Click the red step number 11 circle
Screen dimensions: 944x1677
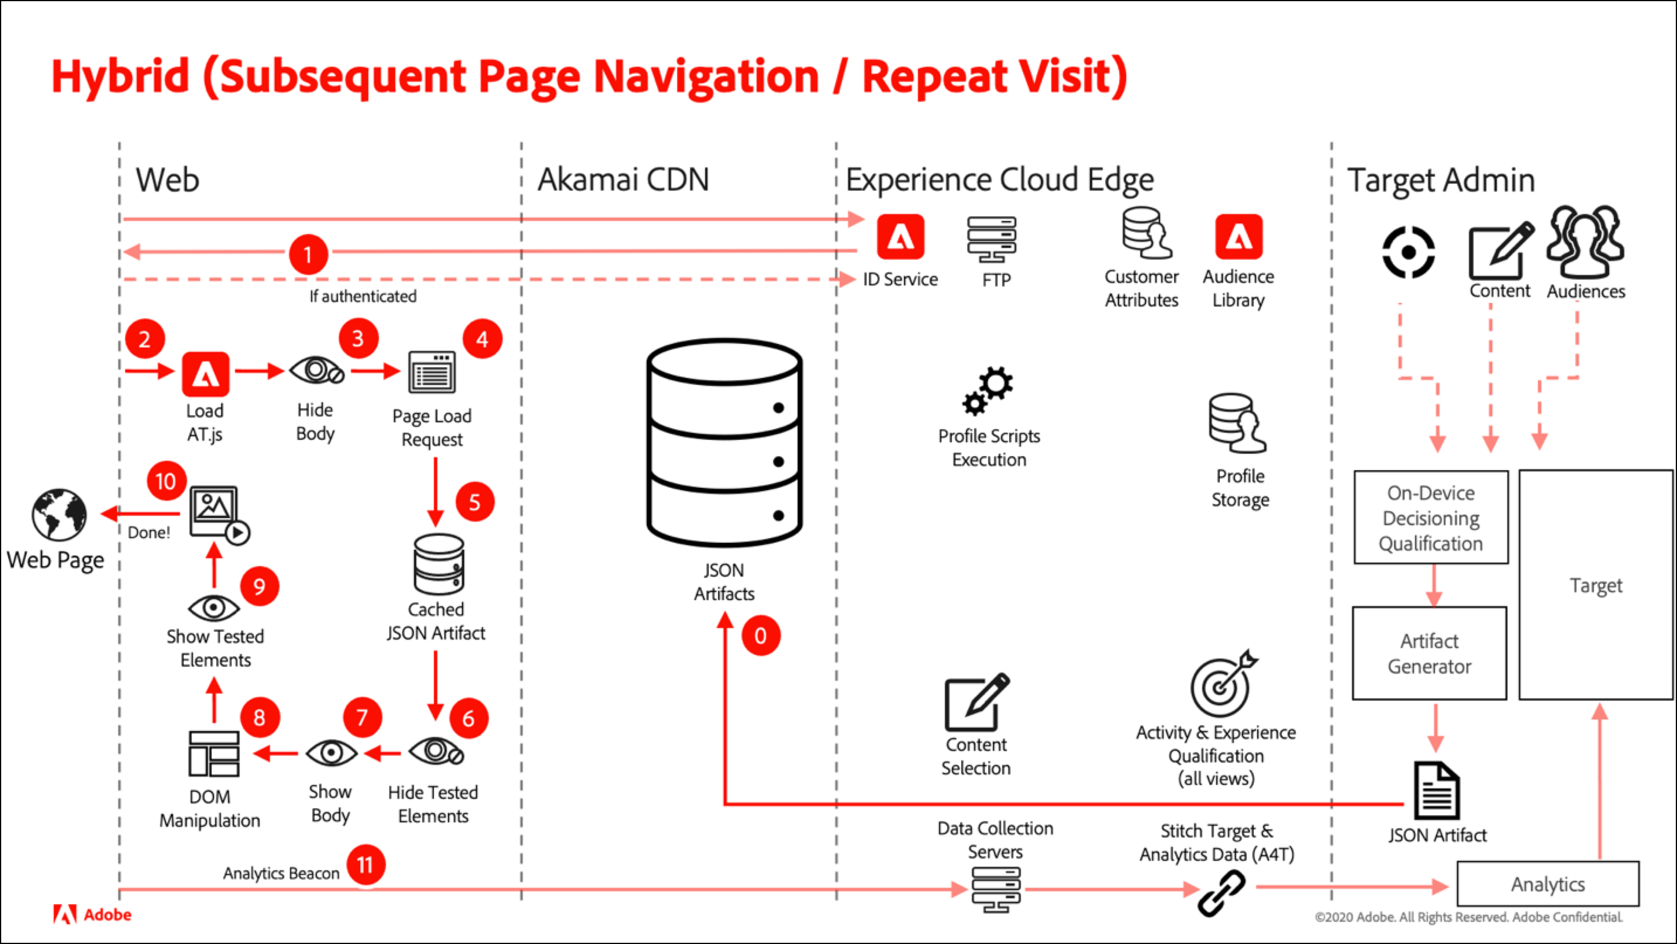(x=365, y=864)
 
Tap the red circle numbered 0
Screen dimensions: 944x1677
(x=761, y=636)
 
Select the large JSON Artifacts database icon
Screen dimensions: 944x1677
(x=725, y=442)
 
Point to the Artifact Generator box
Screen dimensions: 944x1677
(x=1429, y=654)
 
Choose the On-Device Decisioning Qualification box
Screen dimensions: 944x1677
(x=1431, y=517)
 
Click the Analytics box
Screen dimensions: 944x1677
(x=1548, y=884)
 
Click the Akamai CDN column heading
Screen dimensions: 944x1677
(x=623, y=180)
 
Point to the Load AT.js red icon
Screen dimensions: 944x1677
(x=205, y=374)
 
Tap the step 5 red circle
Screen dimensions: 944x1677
(x=474, y=502)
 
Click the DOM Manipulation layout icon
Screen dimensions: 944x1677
(x=214, y=754)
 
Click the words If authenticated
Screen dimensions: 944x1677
(x=363, y=296)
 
